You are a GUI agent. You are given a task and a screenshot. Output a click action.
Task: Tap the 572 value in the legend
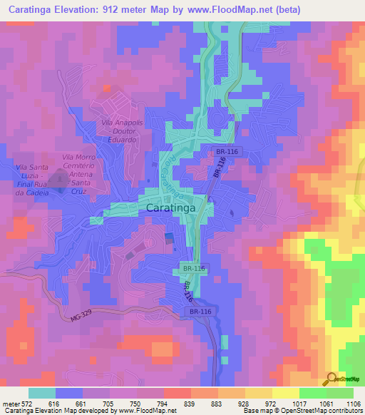26,404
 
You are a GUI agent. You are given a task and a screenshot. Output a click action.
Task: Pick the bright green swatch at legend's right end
340,393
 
